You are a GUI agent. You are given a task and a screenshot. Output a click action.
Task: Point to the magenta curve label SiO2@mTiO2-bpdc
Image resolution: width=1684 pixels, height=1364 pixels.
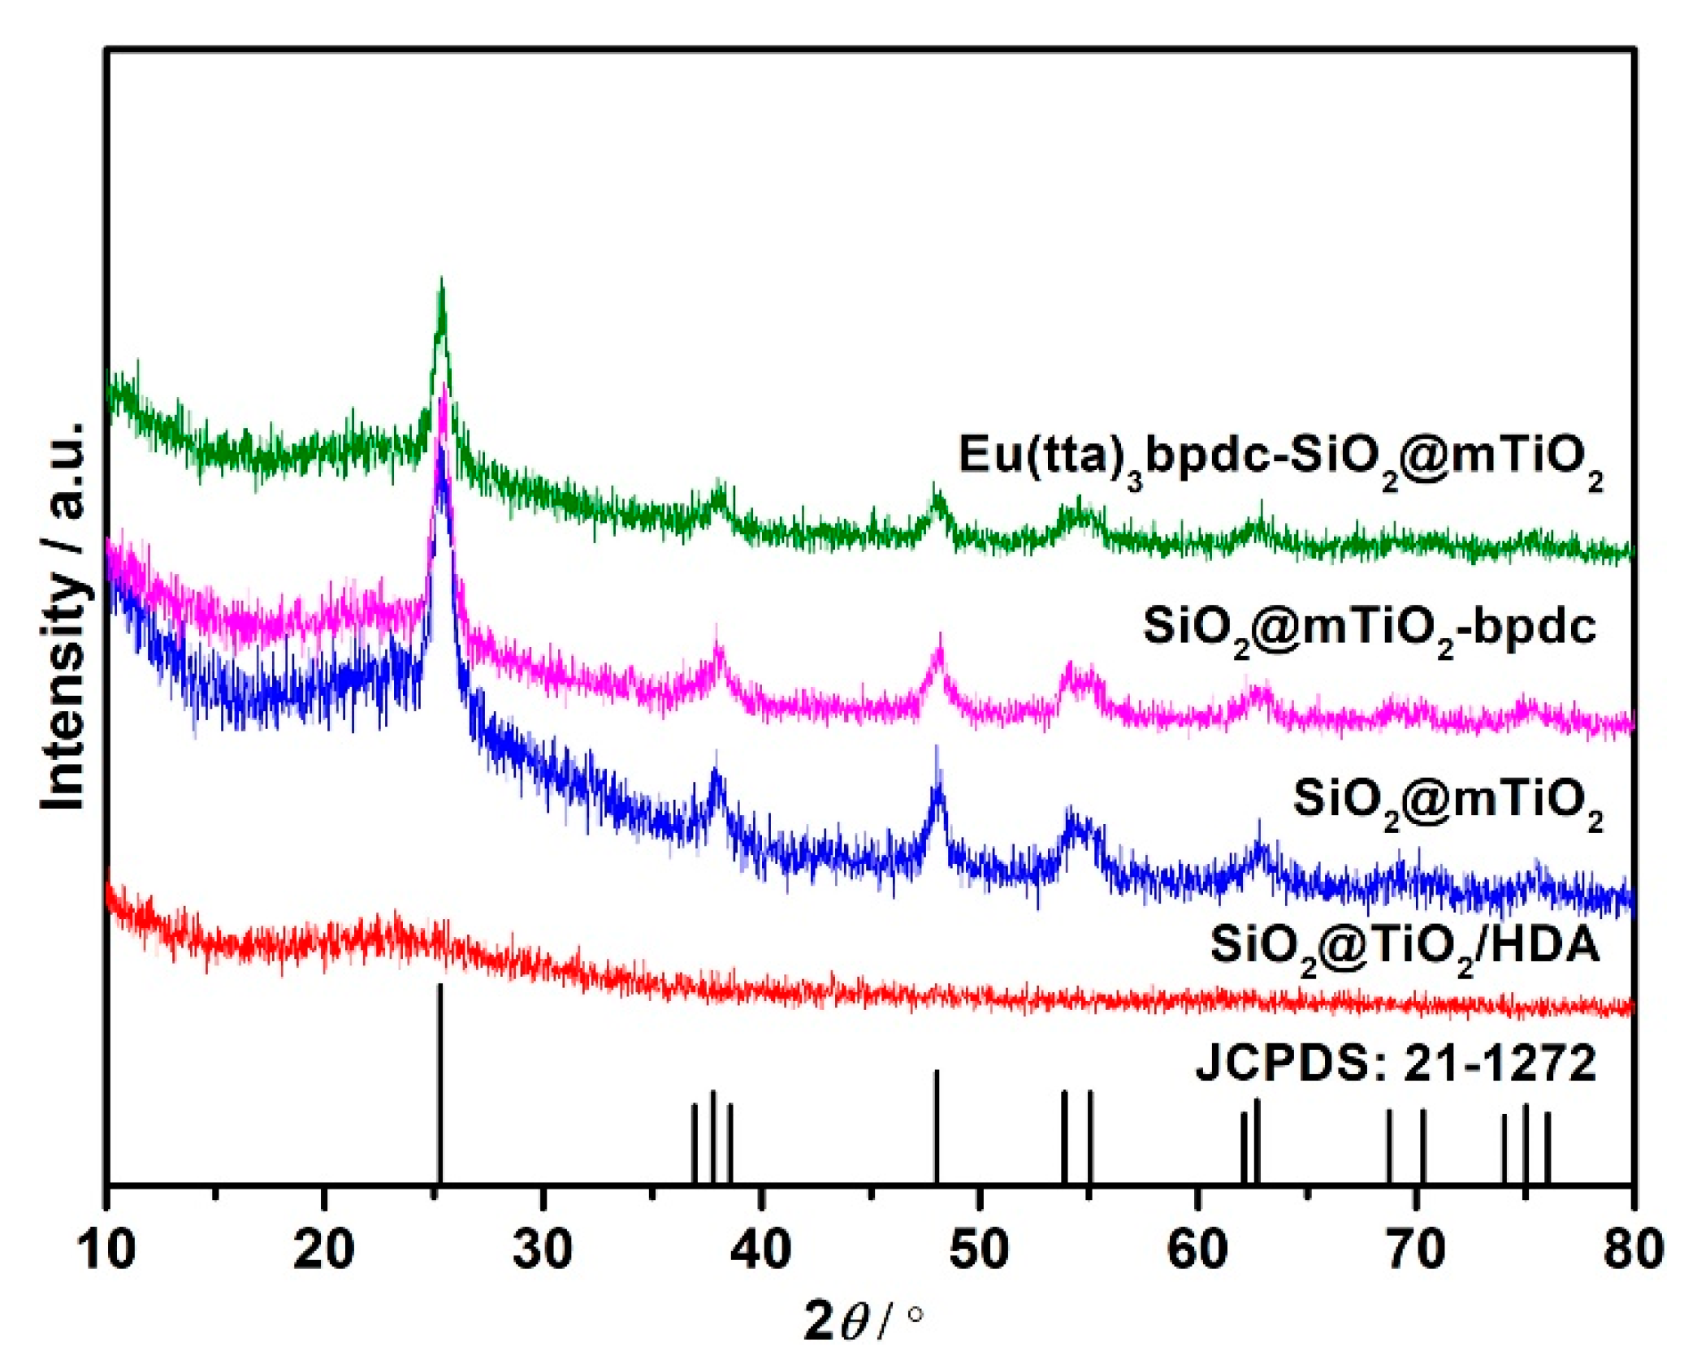pos(1370,629)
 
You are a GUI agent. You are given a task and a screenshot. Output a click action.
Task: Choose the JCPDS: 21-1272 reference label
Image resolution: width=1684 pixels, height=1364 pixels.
pos(1396,1063)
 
